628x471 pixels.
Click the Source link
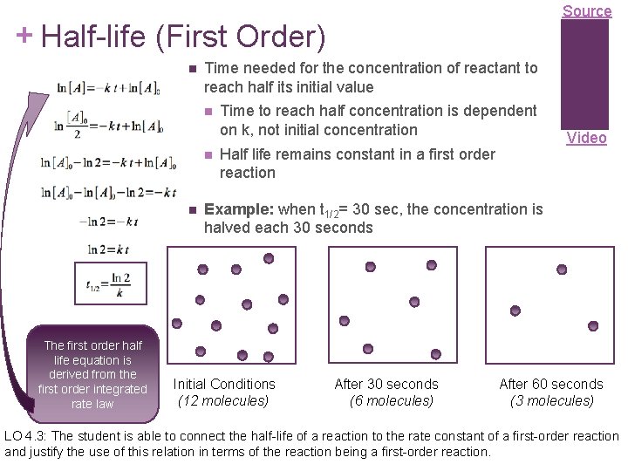point(587,11)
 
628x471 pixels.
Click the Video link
point(587,138)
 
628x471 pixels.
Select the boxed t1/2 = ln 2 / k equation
point(109,285)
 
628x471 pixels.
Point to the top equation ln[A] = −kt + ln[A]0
point(109,88)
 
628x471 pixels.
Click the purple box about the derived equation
point(93,369)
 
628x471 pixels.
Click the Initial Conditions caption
point(224,384)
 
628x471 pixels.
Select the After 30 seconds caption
point(386,384)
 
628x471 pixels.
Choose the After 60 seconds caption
point(550,384)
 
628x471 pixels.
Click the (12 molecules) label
point(223,401)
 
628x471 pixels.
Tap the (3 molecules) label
point(551,401)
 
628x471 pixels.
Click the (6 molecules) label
point(391,401)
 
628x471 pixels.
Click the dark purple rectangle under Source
point(584,73)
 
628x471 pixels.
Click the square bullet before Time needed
point(191,68)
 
